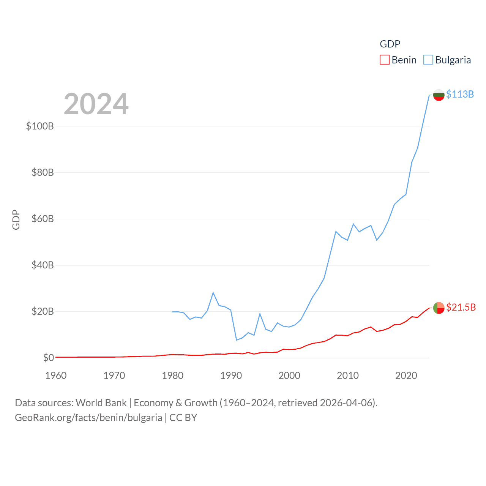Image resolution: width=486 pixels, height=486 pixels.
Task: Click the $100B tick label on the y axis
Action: tap(40, 126)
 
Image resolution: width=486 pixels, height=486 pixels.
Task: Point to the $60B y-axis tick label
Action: tap(43, 219)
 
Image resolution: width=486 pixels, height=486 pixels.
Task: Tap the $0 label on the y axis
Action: tap(48, 358)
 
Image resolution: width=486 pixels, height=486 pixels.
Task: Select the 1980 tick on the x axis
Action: tap(172, 376)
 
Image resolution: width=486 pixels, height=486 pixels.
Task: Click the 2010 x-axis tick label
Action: tap(347, 376)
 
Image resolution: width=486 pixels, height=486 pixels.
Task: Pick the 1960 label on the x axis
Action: tap(56, 376)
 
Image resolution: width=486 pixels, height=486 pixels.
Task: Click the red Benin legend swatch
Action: tap(384, 60)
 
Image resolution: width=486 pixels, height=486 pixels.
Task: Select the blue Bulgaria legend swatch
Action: tap(428, 60)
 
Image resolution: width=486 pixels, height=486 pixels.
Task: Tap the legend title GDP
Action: tap(390, 44)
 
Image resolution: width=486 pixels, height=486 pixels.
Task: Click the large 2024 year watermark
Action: tap(96, 104)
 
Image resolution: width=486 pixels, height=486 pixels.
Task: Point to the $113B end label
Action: tap(460, 94)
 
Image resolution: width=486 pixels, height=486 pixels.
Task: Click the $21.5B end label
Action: tap(461, 307)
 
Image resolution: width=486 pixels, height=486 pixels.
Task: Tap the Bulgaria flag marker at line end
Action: tap(439, 95)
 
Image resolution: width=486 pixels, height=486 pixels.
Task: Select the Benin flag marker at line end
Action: tap(439, 308)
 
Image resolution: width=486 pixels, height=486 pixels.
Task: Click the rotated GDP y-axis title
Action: tap(16, 219)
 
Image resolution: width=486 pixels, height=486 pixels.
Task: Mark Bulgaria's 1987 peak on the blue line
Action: tap(213, 292)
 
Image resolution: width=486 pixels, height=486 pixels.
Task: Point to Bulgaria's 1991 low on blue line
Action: tap(237, 340)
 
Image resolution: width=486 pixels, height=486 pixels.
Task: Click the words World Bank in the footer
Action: tap(101, 402)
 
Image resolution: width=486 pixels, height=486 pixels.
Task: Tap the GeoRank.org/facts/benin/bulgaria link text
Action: tap(88, 418)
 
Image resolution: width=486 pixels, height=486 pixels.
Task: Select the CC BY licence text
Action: tap(183, 418)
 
